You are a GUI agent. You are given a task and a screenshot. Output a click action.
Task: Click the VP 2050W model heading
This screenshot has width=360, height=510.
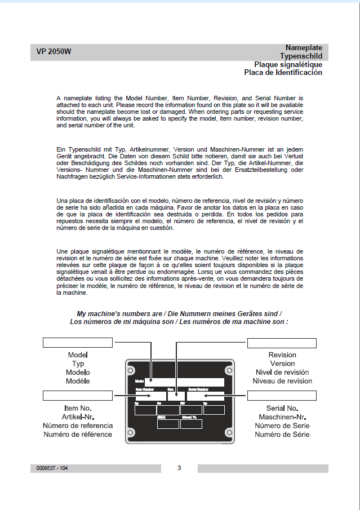click(54, 52)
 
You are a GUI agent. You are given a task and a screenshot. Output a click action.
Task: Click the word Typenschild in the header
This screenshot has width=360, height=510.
click(301, 56)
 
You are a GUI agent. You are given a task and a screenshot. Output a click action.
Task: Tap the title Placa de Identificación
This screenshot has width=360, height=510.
click(283, 72)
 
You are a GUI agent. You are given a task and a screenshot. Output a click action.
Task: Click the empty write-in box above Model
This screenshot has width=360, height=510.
click(78, 342)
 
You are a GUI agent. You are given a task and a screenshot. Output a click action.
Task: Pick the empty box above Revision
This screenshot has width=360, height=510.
click(282, 342)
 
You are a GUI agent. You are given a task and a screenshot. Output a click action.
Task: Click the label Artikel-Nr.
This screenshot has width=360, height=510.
click(78, 416)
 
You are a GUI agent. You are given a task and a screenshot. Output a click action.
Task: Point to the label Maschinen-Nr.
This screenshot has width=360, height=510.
click(282, 416)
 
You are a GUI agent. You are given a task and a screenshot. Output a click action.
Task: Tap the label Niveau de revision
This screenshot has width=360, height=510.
click(282, 381)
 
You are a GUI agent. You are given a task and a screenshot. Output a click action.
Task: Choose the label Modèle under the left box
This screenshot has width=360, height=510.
click(78, 381)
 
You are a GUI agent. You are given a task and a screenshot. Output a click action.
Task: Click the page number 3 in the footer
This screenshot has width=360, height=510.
click(179, 468)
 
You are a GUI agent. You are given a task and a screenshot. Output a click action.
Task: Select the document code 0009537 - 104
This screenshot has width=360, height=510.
click(52, 468)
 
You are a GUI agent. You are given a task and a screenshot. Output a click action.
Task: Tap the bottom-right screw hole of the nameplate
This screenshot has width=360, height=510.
click(228, 436)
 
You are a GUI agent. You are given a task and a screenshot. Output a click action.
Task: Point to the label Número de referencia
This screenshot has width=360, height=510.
click(78, 425)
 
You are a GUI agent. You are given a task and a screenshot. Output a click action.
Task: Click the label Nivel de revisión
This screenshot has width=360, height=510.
click(282, 372)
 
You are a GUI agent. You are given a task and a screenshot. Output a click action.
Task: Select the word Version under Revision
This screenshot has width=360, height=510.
click(282, 363)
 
